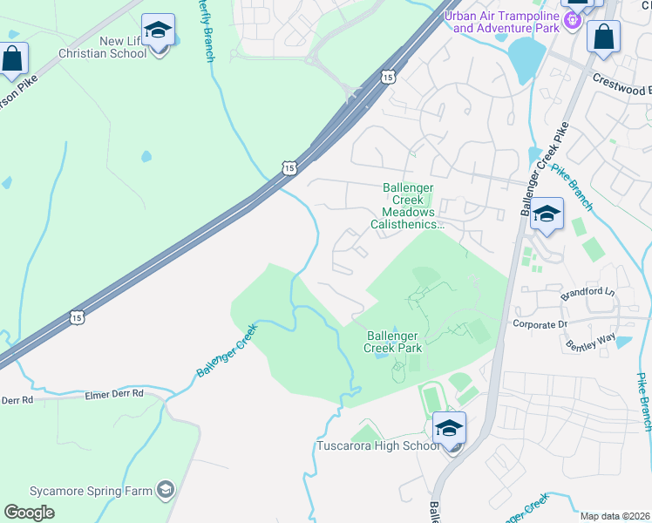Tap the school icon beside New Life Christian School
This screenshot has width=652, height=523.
click(x=158, y=33)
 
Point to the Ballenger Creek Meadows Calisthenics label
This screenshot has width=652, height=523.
click(x=409, y=206)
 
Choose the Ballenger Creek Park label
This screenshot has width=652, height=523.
click(x=393, y=342)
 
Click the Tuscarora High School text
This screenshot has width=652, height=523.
click(x=377, y=446)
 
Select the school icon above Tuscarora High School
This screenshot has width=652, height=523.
click(x=449, y=429)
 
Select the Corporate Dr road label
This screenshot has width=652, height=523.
click(x=540, y=324)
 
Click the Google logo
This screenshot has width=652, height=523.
click(x=29, y=513)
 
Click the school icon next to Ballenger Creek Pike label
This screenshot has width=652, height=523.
click(x=547, y=214)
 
